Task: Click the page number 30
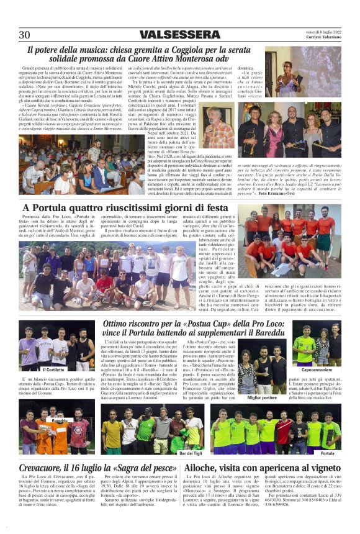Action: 24,35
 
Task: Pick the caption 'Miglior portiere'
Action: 261,397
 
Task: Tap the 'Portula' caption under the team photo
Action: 327,453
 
